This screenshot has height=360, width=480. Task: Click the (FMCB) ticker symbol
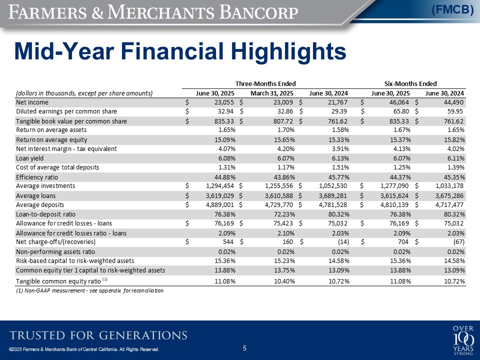(452, 10)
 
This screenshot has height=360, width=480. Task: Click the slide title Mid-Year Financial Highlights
(180, 51)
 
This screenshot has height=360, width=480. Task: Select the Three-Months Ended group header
(265, 83)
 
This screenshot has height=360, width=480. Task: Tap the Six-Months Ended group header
(410, 83)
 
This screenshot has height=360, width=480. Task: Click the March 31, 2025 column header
(272, 93)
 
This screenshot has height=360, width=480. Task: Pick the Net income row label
(32, 102)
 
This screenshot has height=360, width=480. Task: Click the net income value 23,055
(224, 102)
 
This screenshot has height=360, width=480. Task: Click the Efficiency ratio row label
(36, 177)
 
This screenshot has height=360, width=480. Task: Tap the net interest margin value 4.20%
(285, 149)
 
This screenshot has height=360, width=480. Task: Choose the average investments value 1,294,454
(219, 186)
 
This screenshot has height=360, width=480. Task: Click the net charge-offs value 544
(228, 242)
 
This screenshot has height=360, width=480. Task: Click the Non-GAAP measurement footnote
(89, 290)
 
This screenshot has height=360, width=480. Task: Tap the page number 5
(244, 348)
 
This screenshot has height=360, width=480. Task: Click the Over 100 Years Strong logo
(463, 340)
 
